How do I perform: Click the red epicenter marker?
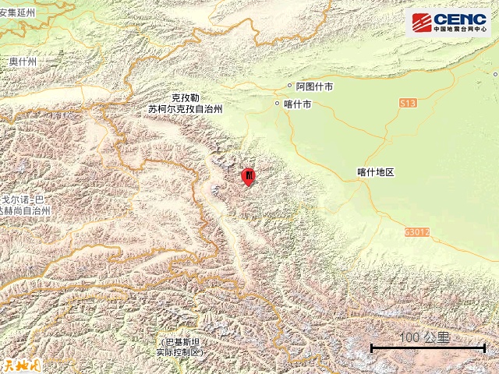coord(249,177)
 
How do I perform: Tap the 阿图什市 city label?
coord(314,87)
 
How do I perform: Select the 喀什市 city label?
coord(298,103)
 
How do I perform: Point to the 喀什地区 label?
coord(377,171)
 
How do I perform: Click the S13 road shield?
coord(408,103)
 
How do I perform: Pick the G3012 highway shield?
coord(417,231)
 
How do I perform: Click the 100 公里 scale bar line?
coord(428,348)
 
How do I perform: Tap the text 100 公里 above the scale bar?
coord(424,337)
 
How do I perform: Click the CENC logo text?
coord(460,19)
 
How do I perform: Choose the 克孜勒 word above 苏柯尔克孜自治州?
coord(186,98)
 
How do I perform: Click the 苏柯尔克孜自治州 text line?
coord(185,110)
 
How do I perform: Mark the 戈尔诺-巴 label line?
coord(25,200)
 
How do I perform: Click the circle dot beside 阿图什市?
coord(290,87)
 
